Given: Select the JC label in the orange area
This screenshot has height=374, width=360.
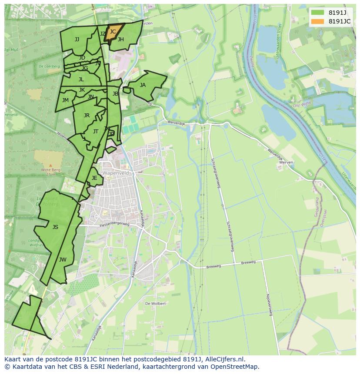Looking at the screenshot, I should click(113, 31).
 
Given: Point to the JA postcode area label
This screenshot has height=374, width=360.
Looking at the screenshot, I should click(143, 85).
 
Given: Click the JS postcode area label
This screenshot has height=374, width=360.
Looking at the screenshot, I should click(55, 227).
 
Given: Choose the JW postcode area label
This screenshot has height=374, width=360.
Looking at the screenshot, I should click(63, 260).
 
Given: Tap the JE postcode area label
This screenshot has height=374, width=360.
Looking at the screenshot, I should click(94, 178).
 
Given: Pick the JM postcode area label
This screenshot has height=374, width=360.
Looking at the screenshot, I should click(65, 100).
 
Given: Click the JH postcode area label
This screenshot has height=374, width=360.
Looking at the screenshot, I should click(120, 40).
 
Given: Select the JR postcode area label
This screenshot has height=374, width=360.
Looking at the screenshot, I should click(87, 115).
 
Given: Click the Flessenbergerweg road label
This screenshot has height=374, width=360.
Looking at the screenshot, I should click(114, 225).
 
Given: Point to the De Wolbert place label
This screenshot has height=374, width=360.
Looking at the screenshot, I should click(155, 304).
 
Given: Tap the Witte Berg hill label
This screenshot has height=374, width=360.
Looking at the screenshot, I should click(51, 170).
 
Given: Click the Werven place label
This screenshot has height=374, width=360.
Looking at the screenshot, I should click(287, 162).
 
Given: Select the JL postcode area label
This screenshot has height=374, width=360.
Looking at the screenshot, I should click(81, 79).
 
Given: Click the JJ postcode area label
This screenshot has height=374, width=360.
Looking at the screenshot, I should click(77, 40).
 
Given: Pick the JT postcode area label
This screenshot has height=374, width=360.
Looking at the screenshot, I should click(96, 131).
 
